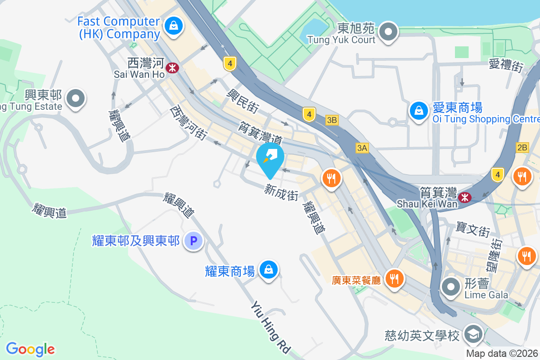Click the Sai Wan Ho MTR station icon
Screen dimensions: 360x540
click(x=172, y=68)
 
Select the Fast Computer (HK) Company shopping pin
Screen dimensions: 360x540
click(x=173, y=25)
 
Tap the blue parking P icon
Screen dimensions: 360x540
click(x=193, y=241)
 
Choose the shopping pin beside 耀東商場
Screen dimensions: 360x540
click(x=269, y=270)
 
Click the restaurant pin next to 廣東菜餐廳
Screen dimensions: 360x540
click(x=395, y=279)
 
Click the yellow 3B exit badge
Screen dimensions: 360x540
click(x=332, y=120)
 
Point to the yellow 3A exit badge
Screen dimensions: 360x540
click(x=362, y=148)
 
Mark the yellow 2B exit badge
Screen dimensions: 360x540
click(x=522, y=148)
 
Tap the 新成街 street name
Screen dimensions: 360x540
click(x=282, y=193)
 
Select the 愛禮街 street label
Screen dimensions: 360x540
click(x=506, y=66)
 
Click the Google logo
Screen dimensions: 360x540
click(x=31, y=349)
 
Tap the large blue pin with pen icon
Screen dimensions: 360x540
click(x=270, y=158)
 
